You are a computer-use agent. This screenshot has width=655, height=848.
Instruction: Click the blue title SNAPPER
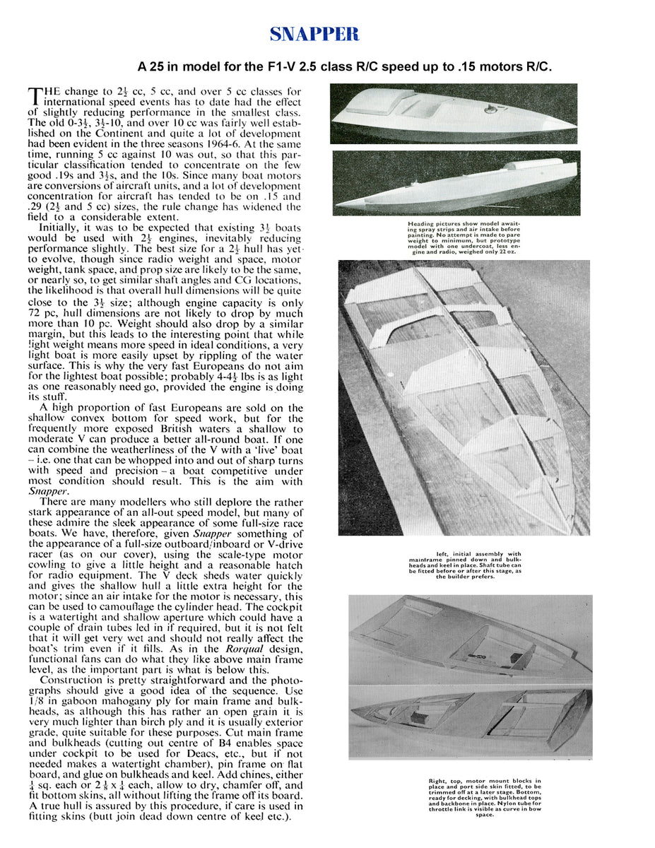[314, 35]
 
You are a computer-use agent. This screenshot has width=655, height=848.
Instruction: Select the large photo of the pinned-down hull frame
[464, 398]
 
